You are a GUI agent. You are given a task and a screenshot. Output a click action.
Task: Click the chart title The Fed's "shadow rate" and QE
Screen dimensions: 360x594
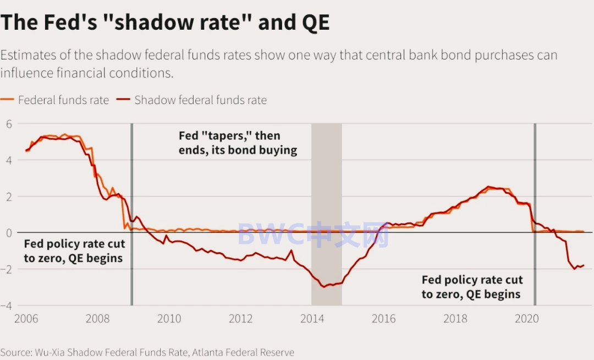[x=165, y=23]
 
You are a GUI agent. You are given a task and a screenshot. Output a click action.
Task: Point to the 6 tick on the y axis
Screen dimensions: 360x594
[x=9, y=124]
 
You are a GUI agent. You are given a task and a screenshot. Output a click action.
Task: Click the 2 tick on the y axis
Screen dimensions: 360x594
[x=9, y=197]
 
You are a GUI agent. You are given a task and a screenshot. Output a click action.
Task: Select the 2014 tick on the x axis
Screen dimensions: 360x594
[x=312, y=319]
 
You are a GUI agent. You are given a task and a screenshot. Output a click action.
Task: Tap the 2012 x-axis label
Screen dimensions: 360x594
[x=240, y=319]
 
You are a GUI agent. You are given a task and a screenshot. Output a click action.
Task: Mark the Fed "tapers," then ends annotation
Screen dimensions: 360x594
[x=238, y=143]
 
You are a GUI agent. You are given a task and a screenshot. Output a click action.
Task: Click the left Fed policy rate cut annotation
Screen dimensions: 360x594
[x=74, y=250]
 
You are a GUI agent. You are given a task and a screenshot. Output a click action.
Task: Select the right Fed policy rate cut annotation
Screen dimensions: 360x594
[x=472, y=287]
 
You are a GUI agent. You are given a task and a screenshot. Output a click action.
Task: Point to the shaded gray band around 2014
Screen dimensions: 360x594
[x=327, y=215]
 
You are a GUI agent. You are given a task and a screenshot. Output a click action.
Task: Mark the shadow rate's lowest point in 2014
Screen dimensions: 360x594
[x=325, y=286]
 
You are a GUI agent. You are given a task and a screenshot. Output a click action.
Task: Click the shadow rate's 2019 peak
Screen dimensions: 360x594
[x=488, y=187]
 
